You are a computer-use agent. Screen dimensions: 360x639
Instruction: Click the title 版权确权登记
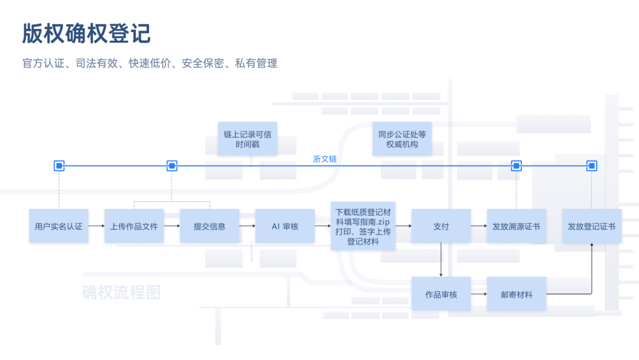pyautogui.click(x=86, y=34)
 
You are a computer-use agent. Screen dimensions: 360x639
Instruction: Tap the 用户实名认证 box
pyautogui.click(x=59, y=226)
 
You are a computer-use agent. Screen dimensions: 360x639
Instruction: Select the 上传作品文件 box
pyautogui.click(x=134, y=226)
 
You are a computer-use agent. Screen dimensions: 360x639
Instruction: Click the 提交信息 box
pyautogui.click(x=209, y=226)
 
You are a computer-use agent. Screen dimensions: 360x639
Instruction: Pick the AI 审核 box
pyautogui.click(x=285, y=226)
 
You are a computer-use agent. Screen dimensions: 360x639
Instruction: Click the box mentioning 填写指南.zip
pyautogui.click(x=363, y=226)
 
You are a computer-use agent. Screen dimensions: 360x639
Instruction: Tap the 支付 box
pyautogui.click(x=441, y=226)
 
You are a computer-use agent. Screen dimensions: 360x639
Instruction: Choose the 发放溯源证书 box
pyautogui.click(x=516, y=226)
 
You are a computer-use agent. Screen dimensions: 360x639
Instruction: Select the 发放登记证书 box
pyautogui.click(x=591, y=226)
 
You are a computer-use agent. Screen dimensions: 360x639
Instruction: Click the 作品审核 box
pyautogui.click(x=441, y=294)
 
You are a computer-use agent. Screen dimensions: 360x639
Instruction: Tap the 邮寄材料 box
pyautogui.click(x=516, y=294)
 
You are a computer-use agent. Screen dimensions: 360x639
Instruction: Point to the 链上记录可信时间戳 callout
pyautogui.click(x=248, y=139)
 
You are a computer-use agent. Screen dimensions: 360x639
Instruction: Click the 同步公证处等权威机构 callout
pyautogui.click(x=402, y=139)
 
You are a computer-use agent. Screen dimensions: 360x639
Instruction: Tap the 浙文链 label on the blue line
pyautogui.click(x=325, y=159)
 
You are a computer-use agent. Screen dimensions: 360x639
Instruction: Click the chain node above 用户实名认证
pyautogui.click(x=59, y=166)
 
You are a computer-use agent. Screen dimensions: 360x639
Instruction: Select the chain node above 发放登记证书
pyautogui.click(x=591, y=166)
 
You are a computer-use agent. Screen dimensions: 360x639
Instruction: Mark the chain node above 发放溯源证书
pyautogui.click(x=516, y=166)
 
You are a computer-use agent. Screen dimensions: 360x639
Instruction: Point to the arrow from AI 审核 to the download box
pyautogui.click(x=322, y=226)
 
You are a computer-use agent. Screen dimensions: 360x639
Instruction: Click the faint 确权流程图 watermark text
pyautogui.click(x=121, y=292)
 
